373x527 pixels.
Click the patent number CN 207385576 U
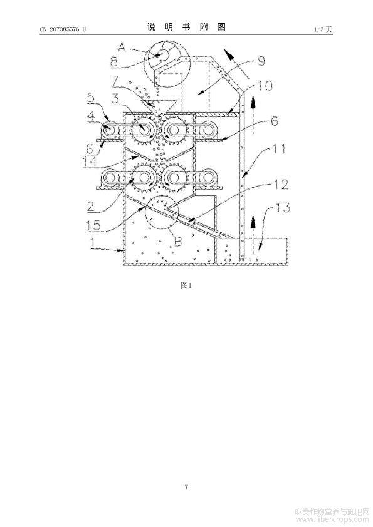tap(63, 29)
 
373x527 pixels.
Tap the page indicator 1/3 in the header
tap(318, 29)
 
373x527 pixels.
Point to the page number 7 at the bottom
tap(186, 486)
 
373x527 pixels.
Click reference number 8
tap(114, 62)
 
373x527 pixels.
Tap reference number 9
tap(261, 61)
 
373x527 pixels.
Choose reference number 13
tap(283, 207)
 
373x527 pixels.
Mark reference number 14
tap(90, 161)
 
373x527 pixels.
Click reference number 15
tap(92, 225)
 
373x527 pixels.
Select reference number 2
tap(91, 206)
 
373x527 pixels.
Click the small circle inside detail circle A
tap(164, 54)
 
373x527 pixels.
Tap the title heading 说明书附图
tap(186, 27)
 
